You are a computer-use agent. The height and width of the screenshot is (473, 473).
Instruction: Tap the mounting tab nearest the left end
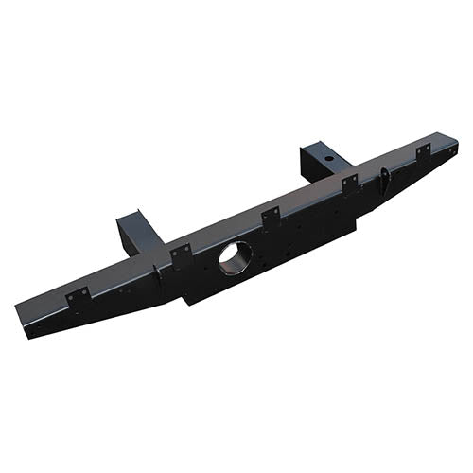tap(78, 297)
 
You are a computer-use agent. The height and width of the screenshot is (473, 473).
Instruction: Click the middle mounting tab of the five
tap(271, 218)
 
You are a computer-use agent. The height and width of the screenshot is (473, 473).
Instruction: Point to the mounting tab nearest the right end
tap(422, 152)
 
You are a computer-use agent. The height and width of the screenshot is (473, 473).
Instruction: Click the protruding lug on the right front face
tap(386, 179)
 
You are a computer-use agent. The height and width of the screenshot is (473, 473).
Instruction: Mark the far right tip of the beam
tap(456, 145)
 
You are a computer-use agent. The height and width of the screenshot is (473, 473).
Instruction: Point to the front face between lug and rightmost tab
tap(405, 173)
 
